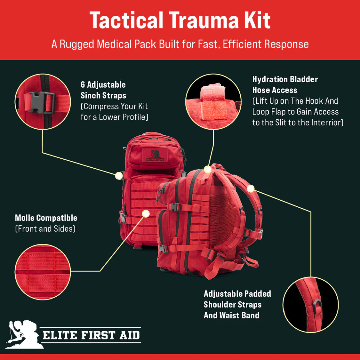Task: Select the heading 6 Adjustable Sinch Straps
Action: point(103,90)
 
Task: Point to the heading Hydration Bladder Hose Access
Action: point(285,85)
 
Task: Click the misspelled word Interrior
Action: point(327,122)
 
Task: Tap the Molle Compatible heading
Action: point(46,218)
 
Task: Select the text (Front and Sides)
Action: point(45,229)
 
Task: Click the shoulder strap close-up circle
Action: point(311,305)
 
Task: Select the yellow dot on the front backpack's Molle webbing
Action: point(146,213)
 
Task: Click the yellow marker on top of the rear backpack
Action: point(208,169)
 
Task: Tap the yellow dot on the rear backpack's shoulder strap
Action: point(251,189)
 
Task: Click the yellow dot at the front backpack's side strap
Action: point(119,176)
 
